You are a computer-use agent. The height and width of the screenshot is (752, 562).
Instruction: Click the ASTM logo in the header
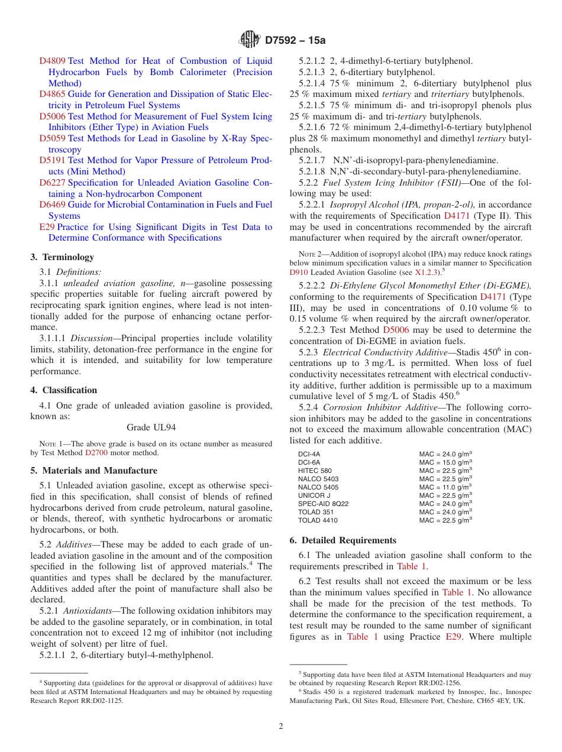click(250, 40)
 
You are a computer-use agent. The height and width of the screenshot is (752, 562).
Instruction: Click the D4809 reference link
click(52, 61)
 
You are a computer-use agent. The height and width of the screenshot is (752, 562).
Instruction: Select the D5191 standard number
click(52, 160)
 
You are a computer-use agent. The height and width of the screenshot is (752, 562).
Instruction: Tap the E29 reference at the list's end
click(47, 227)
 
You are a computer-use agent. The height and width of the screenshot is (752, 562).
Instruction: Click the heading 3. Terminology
click(62, 257)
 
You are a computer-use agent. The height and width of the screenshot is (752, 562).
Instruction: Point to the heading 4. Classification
click(63, 390)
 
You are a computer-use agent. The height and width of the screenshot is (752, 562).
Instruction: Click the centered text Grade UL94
click(151, 427)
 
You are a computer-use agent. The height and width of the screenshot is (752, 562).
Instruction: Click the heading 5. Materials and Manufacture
click(93, 471)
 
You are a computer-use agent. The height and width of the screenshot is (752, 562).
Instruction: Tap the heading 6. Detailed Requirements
click(343, 540)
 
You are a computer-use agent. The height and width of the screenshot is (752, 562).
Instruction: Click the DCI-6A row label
click(309, 462)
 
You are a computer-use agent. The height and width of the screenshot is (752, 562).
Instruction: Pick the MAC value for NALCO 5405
click(445, 487)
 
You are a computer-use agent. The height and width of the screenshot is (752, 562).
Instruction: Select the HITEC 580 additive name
click(315, 471)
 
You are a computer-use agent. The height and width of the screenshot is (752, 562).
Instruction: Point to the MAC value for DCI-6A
click(445, 462)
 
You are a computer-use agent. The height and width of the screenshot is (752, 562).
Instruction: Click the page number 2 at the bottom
click(281, 727)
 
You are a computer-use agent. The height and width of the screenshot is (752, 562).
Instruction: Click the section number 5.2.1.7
click(312, 160)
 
